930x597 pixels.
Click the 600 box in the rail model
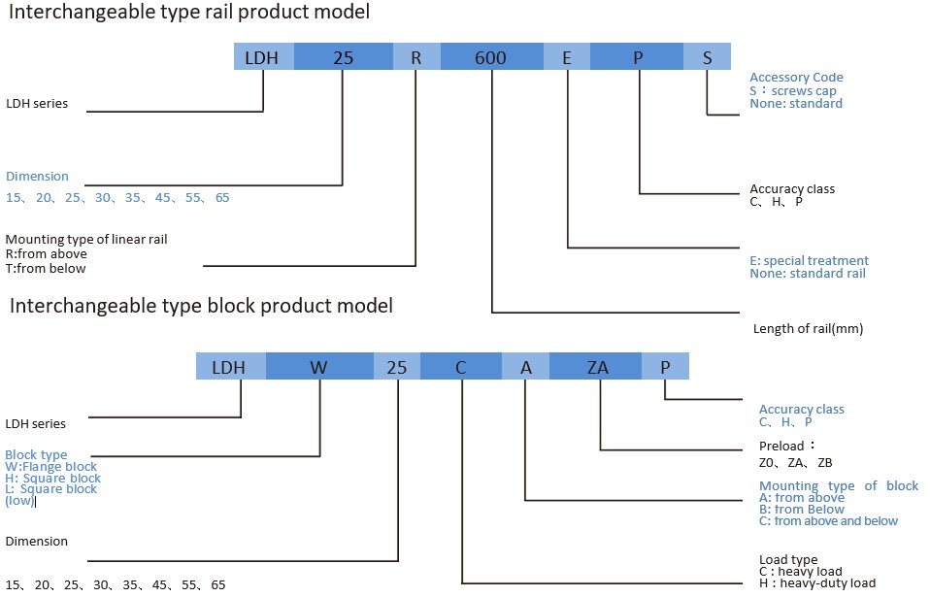coord(491,57)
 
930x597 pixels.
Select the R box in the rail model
coord(416,57)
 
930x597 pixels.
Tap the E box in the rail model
coord(567,57)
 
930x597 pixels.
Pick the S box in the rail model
coord(708,57)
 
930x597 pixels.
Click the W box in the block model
coord(319,367)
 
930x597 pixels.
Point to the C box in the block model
coord(461,367)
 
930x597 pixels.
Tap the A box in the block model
coord(525,367)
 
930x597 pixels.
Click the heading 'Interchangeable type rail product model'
coord(189,14)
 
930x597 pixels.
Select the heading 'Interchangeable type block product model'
coord(201,306)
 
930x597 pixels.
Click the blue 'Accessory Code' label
coord(796,78)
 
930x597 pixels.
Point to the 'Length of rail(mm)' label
coord(808,329)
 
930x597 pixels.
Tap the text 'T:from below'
coord(46,269)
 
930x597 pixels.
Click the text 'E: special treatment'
coord(809,260)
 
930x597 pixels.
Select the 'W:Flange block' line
coord(51,467)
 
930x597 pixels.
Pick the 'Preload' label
coord(782,446)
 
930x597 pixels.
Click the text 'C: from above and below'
coord(828,521)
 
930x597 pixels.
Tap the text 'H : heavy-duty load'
coord(817,583)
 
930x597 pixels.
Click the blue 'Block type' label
coord(36,454)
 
